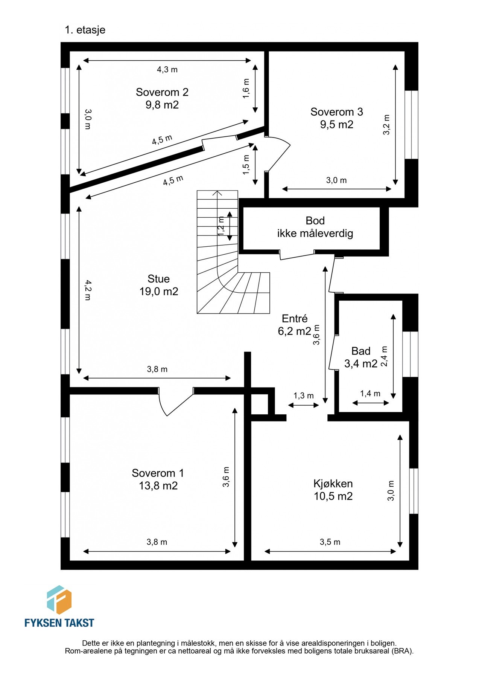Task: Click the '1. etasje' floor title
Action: point(85,30)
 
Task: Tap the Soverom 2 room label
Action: point(162,92)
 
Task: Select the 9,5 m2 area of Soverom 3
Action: point(337,125)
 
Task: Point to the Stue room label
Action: point(158,279)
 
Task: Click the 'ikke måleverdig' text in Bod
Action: point(315,234)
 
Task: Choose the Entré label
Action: point(295,319)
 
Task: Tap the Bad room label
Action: point(361,351)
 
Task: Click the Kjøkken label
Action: point(333,484)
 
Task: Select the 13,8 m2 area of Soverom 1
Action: point(158,486)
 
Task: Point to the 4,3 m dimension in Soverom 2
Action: point(167,70)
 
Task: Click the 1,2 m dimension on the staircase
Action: point(221,226)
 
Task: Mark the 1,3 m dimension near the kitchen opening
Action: point(304,396)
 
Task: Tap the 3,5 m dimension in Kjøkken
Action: point(330,542)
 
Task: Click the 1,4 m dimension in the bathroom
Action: point(370,394)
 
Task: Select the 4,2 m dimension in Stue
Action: point(87,290)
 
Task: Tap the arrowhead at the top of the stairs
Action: point(217,193)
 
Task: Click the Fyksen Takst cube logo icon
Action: point(59,600)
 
